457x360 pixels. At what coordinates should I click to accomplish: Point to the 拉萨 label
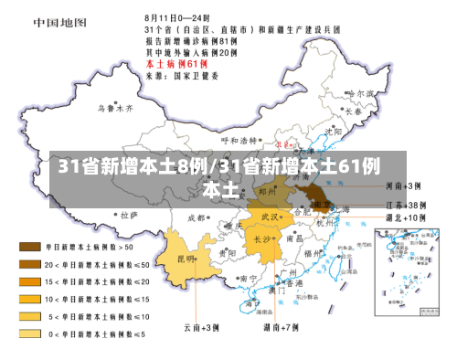[127, 215]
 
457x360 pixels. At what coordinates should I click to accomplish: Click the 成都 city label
[196, 217]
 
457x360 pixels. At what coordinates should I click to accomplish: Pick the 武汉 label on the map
[270, 217]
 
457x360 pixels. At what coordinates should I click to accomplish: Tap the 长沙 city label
[263, 239]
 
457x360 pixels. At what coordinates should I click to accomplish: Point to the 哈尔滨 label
[363, 94]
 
